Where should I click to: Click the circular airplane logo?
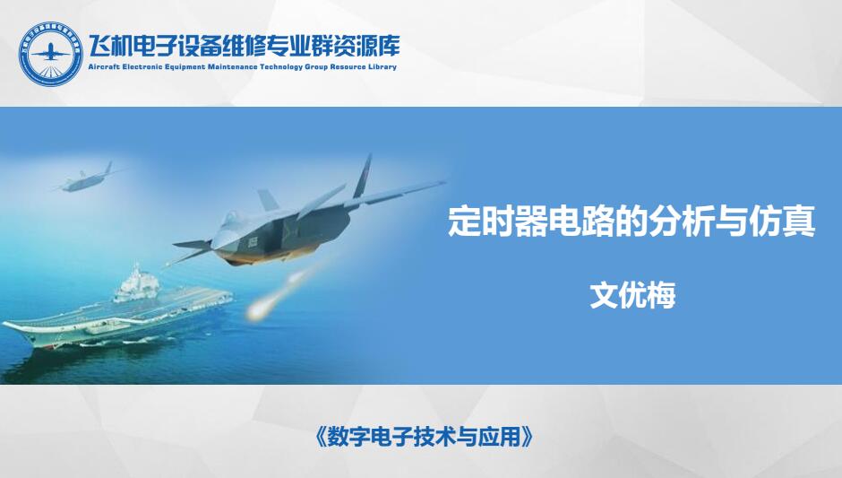tap(51, 54)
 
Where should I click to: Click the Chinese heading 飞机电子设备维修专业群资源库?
tap(244, 46)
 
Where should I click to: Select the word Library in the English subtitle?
tap(382, 67)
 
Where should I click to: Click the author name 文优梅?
tap(632, 295)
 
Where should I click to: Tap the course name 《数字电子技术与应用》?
tap(422, 437)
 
